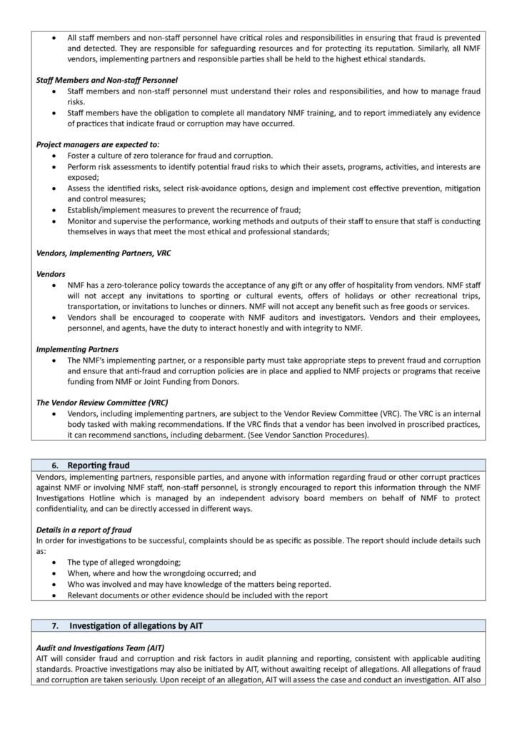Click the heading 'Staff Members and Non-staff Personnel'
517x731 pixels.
click(x=106, y=80)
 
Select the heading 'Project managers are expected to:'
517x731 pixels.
click(x=98, y=144)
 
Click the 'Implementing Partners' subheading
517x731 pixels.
click(x=77, y=349)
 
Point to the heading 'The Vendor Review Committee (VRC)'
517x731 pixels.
click(x=101, y=402)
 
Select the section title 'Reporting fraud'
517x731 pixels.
click(x=99, y=465)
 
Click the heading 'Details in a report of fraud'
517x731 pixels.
click(x=87, y=530)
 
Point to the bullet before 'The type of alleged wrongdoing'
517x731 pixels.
click(x=55, y=563)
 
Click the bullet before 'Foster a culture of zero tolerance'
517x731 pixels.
click(x=55, y=156)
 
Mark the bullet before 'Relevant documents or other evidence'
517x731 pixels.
click(x=55, y=595)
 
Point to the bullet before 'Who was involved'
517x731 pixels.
click(x=55, y=584)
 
